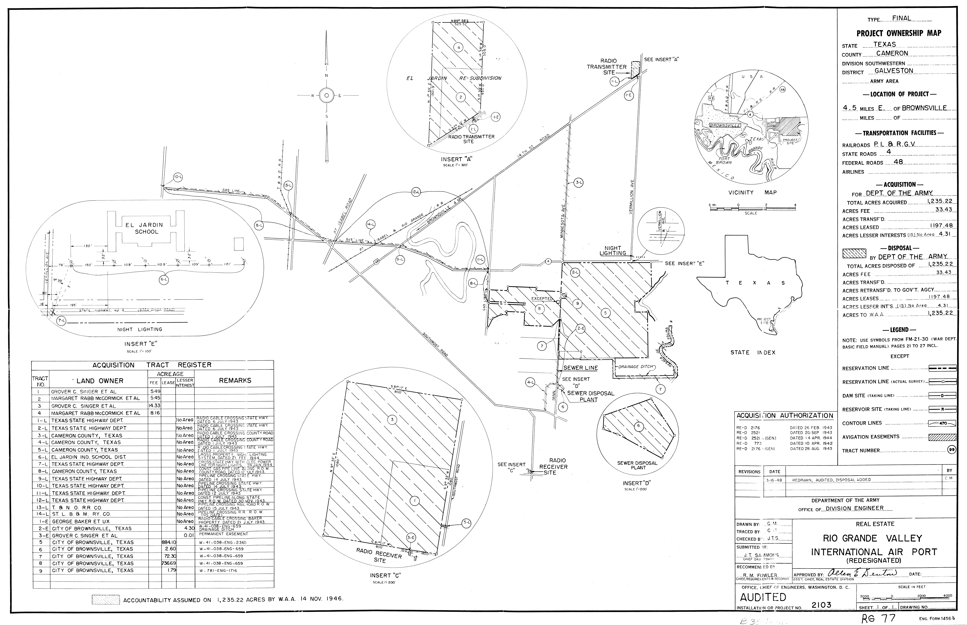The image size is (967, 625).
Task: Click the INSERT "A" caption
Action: pos(457,159)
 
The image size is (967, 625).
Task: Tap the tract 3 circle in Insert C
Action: pos(392,419)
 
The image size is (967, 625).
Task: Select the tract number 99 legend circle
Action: pos(951,450)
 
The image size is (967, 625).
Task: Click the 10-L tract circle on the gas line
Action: pos(178,177)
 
